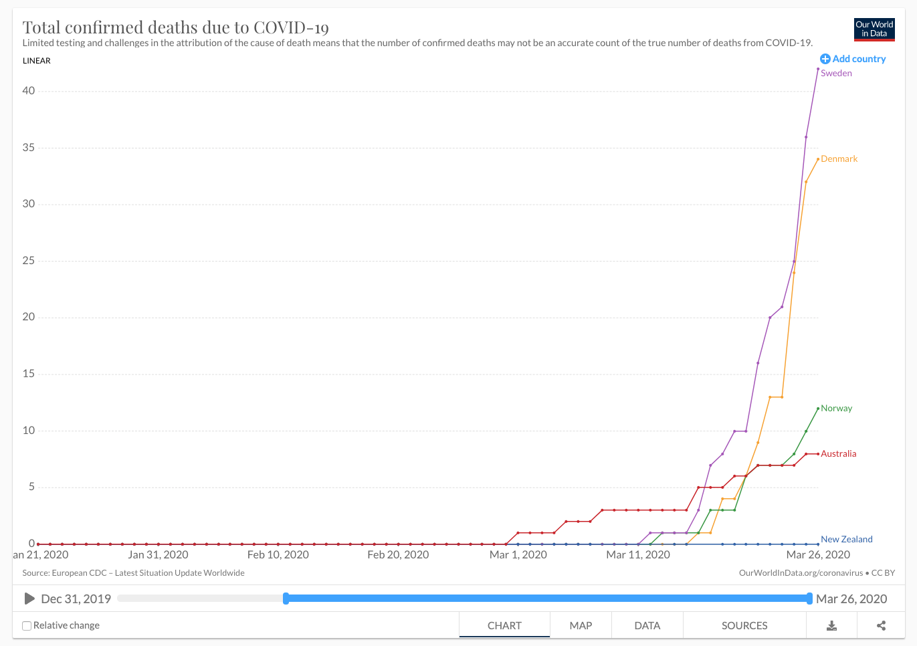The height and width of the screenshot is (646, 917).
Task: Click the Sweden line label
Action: (836, 74)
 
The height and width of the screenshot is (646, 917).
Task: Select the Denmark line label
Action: (839, 159)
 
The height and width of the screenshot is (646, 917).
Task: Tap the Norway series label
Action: (836, 409)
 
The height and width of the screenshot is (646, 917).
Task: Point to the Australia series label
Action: (838, 454)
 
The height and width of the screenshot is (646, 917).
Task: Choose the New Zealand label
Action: (846, 540)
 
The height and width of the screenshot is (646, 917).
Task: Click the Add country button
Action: (853, 59)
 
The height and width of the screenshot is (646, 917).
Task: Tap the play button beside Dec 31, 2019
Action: (29, 599)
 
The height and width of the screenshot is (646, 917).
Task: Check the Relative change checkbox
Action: (27, 626)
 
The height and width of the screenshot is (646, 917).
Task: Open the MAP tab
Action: (581, 626)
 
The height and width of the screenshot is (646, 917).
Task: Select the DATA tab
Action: (647, 626)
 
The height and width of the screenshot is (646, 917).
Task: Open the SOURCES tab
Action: (744, 626)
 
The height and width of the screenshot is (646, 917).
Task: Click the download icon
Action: (831, 626)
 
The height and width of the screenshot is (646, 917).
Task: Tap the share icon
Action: (881, 626)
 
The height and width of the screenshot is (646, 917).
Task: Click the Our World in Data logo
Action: (874, 29)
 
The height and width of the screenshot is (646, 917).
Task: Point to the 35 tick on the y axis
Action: (28, 148)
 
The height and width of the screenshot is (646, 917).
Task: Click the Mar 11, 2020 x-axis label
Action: (637, 555)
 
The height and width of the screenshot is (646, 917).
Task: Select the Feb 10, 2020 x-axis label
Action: (278, 555)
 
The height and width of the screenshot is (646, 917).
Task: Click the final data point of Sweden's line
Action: (818, 69)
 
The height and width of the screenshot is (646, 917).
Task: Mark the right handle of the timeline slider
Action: (809, 599)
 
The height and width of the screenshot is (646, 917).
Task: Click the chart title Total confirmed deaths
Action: (176, 27)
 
